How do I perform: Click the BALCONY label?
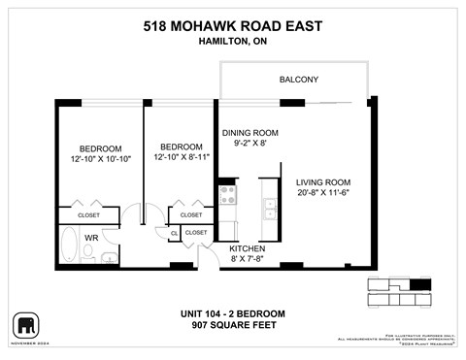(299, 80)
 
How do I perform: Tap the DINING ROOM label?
(250, 133)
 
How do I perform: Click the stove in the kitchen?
(228, 195)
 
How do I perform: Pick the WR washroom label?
(91, 236)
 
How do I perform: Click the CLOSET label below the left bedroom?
(89, 214)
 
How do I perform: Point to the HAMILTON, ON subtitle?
(233, 42)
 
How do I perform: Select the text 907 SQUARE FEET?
(233, 325)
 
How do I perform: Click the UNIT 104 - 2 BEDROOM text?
(233, 312)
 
